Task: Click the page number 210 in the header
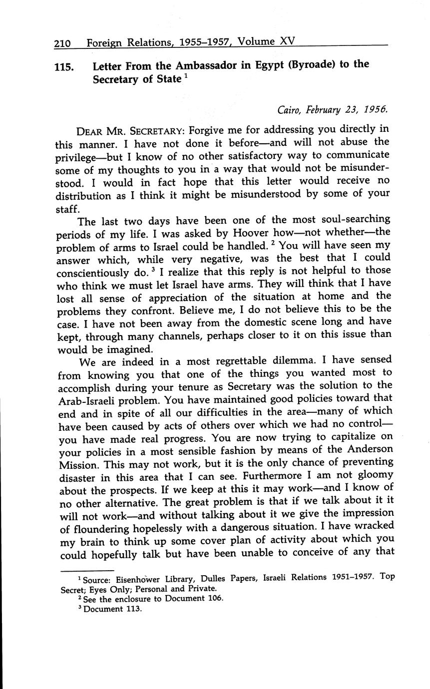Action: tap(63, 43)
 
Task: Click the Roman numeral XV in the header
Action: tap(287, 42)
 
